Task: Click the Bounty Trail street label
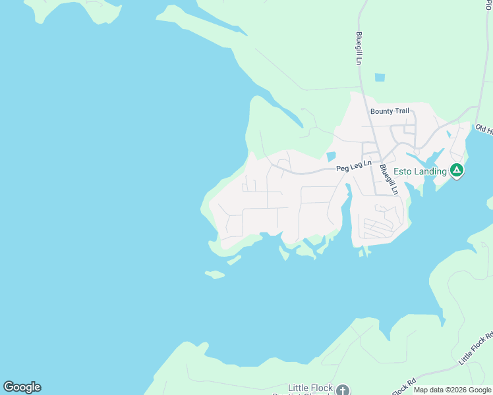(390, 111)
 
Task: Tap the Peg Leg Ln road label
(354, 166)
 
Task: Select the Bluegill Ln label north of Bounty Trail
(359, 48)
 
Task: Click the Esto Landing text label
(420, 172)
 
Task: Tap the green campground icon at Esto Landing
(457, 171)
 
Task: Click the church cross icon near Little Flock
(341, 390)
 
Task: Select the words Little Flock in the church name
(310, 388)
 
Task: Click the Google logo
(22, 387)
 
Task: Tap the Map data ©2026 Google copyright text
(452, 390)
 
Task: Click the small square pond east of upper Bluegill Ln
(380, 78)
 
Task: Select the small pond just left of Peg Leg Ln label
(330, 157)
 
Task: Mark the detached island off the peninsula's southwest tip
(215, 274)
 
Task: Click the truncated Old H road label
(483, 129)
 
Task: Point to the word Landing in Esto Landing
(432, 172)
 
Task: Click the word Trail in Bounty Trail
(401, 111)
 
